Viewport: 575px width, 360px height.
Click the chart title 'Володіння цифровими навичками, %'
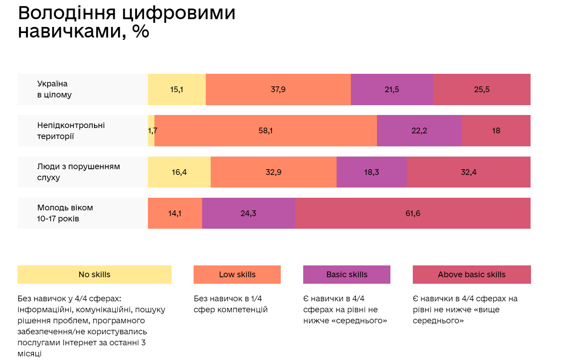(126, 22)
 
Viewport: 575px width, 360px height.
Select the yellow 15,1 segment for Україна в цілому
(177, 89)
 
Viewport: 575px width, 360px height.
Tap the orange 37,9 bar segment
(278, 89)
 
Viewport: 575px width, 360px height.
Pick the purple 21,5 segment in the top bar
(392, 89)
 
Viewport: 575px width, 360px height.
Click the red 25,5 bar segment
(482, 89)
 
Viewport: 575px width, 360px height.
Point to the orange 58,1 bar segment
(265, 130)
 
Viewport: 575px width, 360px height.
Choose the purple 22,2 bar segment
(419, 130)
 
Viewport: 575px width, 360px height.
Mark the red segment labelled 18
(496, 130)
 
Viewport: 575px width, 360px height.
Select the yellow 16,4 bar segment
(179, 172)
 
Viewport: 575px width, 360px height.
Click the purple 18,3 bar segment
(371, 172)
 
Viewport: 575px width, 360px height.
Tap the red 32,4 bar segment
(468, 172)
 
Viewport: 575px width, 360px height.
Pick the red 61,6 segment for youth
(412, 213)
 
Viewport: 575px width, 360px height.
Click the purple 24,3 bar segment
(248, 213)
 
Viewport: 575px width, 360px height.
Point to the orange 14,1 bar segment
(175, 213)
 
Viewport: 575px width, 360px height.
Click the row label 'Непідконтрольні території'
(71, 130)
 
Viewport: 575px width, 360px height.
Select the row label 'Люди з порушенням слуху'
(78, 172)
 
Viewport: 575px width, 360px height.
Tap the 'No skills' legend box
(95, 274)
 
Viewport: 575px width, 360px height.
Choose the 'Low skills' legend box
(237, 274)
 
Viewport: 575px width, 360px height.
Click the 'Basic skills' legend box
(347, 274)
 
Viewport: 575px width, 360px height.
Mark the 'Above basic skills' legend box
(471, 274)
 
